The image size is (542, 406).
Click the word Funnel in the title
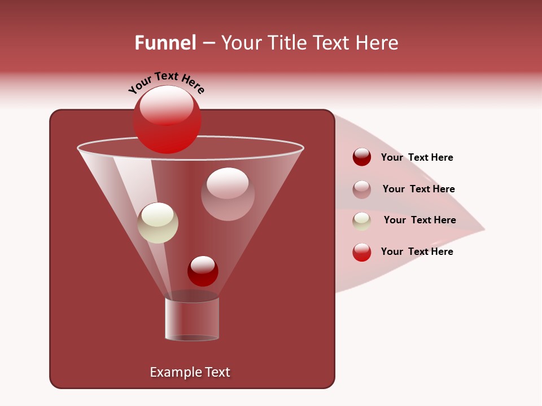tap(165, 42)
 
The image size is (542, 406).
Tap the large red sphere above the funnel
tap(167, 120)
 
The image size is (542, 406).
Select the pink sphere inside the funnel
tap(228, 194)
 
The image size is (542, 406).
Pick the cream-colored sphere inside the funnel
tap(158, 223)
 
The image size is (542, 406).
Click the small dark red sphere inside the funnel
tap(203, 271)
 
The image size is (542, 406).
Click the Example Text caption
tap(190, 372)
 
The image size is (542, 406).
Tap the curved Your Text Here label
tap(166, 82)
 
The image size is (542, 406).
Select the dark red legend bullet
tap(362, 157)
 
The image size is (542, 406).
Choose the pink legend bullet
tap(362, 189)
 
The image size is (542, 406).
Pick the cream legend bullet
tap(362, 221)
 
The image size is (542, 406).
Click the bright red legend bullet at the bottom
tap(362, 252)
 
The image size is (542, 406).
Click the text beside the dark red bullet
tap(417, 158)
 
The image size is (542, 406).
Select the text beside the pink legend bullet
tap(418, 189)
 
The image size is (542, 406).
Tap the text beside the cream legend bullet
tap(419, 220)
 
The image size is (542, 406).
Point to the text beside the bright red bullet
tap(417, 252)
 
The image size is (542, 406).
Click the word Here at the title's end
tap(378, 42)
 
